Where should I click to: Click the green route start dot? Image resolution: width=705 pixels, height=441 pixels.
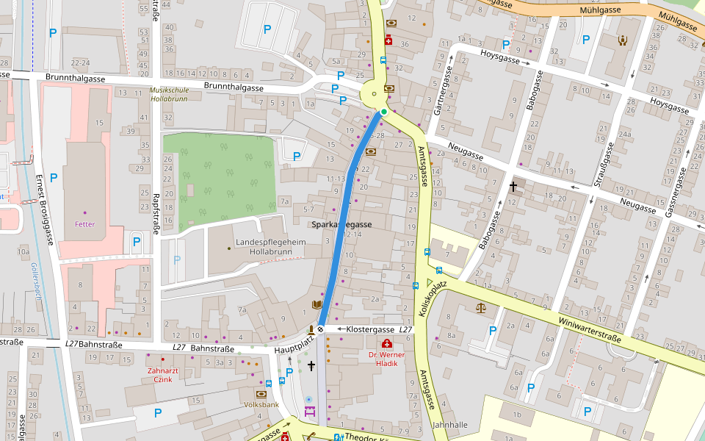[x=383, y=112]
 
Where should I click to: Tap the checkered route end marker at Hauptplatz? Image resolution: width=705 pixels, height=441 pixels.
[x=320, y=329]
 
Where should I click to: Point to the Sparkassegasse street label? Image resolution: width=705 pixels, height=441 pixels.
[x=341, y=225]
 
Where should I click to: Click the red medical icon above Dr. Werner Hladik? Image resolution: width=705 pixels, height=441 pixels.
[x=386, y=344]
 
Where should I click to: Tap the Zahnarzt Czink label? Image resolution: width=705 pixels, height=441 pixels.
[x=160, y=375]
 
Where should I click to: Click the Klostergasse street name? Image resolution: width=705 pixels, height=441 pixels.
[x=371, y=329]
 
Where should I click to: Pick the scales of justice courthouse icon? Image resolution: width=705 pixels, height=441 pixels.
[x=481, y=308]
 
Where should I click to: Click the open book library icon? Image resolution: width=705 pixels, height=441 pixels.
[x=317, y=304]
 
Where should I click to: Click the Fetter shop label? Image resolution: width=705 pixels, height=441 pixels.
[x=84, y=224]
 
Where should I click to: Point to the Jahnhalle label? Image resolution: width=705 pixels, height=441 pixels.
[x=450, y=425]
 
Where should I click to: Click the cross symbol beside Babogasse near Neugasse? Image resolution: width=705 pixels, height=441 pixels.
[x=513, y=187]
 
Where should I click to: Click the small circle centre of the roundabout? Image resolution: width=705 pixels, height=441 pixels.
[x=375, y=94]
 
